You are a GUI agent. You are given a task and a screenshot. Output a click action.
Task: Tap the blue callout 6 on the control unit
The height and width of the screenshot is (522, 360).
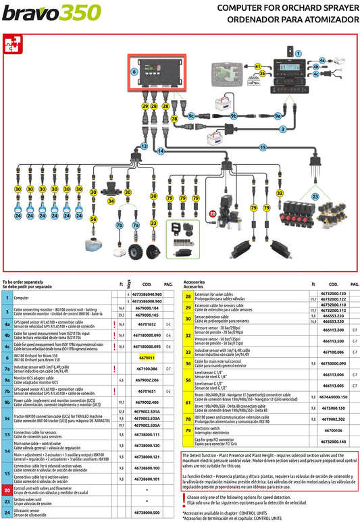[134, 71]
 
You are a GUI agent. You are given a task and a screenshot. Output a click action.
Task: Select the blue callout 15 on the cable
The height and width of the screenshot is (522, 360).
[263, 147]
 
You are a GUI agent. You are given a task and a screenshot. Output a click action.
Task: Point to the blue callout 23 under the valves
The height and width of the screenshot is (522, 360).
[315, 197]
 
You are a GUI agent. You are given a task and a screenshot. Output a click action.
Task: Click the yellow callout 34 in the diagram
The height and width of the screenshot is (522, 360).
[111, 201]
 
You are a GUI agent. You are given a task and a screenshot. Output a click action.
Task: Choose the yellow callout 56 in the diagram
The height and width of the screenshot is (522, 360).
[93, 219]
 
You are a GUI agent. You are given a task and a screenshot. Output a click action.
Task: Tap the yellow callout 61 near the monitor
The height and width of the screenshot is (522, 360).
[258, 66]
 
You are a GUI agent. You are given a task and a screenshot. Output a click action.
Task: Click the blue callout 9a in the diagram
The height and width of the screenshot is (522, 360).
[278, 116]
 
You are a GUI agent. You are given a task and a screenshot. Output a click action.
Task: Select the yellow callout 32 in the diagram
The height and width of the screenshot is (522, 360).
[280, 193]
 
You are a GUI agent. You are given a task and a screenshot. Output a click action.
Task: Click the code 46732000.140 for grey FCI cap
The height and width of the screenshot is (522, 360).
[334, 441]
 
